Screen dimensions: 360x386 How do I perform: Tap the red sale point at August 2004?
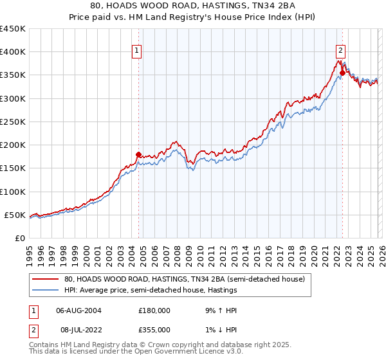click(x=138, y=154)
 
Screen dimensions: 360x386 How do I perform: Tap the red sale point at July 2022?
click(x=342, y=73)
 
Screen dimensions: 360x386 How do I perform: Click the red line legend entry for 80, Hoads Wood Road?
click(x=188, y=280)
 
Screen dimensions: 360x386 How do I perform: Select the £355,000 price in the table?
click(x=154, y=330)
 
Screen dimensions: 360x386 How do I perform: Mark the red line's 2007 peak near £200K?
click(x=174, y=141)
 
